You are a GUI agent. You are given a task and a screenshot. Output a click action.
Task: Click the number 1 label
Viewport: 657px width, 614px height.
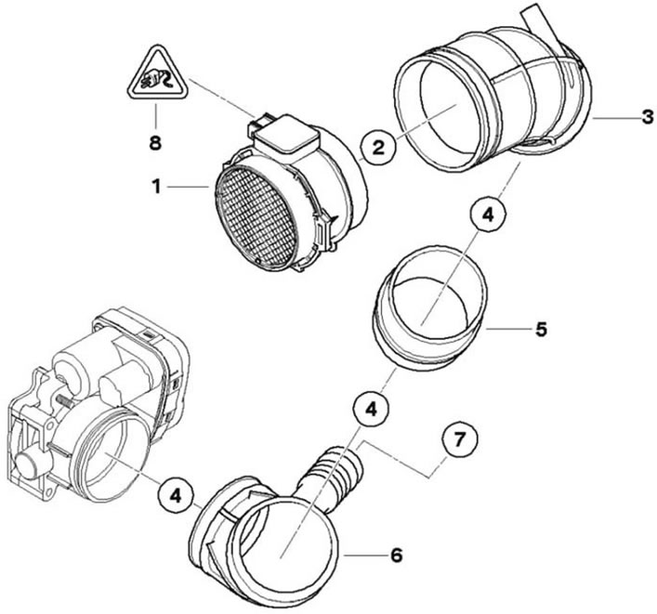(156, 187)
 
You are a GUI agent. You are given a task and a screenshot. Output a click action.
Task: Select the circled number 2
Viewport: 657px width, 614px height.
(378, 147)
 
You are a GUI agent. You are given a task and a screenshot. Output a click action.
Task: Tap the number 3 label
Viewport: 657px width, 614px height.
(648, 117)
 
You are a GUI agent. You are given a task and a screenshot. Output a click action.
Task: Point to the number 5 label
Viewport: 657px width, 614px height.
(541, 329)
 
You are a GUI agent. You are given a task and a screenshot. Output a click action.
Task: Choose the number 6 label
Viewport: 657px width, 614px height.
(397, 555)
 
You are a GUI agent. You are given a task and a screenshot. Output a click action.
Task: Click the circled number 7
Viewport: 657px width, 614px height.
(460, 440)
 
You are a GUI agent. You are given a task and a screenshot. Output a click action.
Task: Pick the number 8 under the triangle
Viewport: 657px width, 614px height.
(155, 143)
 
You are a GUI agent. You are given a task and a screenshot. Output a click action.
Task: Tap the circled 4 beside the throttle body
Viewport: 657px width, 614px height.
(175, 496)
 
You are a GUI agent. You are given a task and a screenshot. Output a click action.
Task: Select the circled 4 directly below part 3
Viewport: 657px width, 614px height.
(488, 215)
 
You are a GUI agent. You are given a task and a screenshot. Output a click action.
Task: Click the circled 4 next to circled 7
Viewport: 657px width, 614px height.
(371, 410)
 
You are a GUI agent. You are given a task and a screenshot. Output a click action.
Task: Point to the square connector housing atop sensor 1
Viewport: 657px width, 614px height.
(286, 133)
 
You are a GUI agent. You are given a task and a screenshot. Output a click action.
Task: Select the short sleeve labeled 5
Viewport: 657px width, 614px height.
(429, 308)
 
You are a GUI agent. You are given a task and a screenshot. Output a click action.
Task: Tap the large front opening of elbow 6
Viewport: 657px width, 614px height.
(285, 554)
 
